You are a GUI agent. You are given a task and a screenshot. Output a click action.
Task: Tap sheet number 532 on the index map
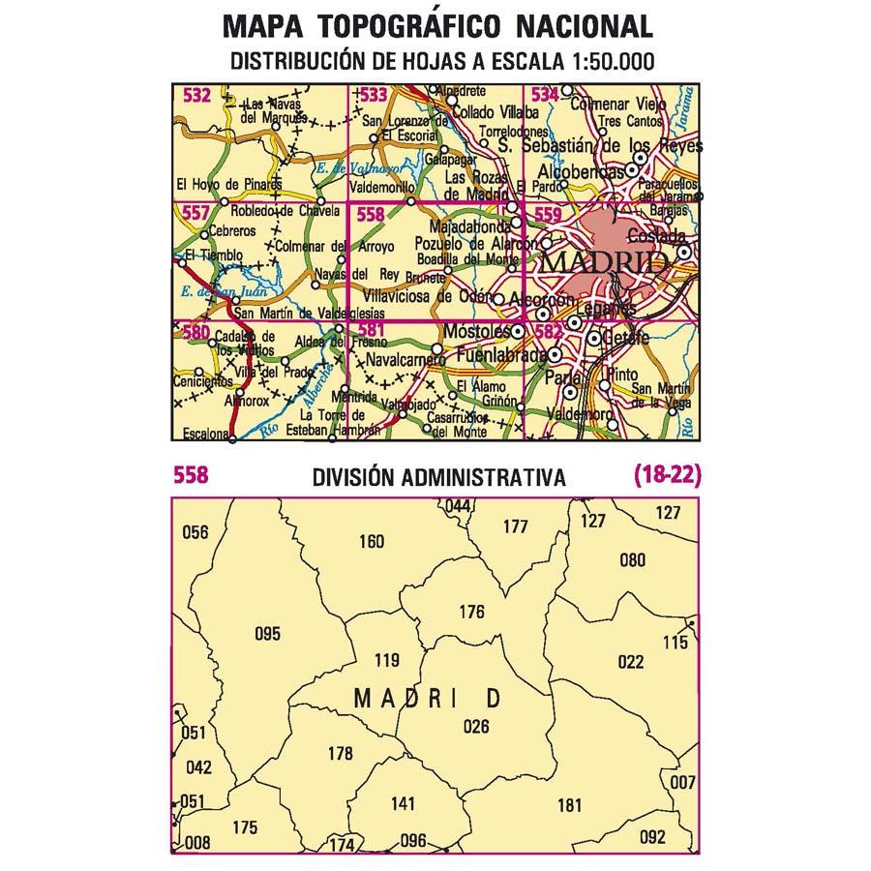[x=196, y=95]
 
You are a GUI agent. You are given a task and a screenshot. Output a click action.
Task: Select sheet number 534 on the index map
[x=545, y=95]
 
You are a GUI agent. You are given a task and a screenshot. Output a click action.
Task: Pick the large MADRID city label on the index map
[x=603, y=263]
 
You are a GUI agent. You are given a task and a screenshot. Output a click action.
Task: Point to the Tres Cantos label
[x=630, y=122]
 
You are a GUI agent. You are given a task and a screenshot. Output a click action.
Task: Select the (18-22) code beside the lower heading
[x=667, y=476]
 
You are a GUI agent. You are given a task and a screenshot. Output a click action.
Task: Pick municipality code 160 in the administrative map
[x=372, y=542]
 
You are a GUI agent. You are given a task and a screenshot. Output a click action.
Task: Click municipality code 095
[x=267, y=635]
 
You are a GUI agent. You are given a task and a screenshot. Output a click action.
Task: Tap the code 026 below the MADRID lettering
[x=477, y=727]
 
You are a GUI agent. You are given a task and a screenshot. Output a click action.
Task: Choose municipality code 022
[x=630, y=662]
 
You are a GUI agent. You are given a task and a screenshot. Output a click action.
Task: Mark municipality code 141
[x=403, y=803]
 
